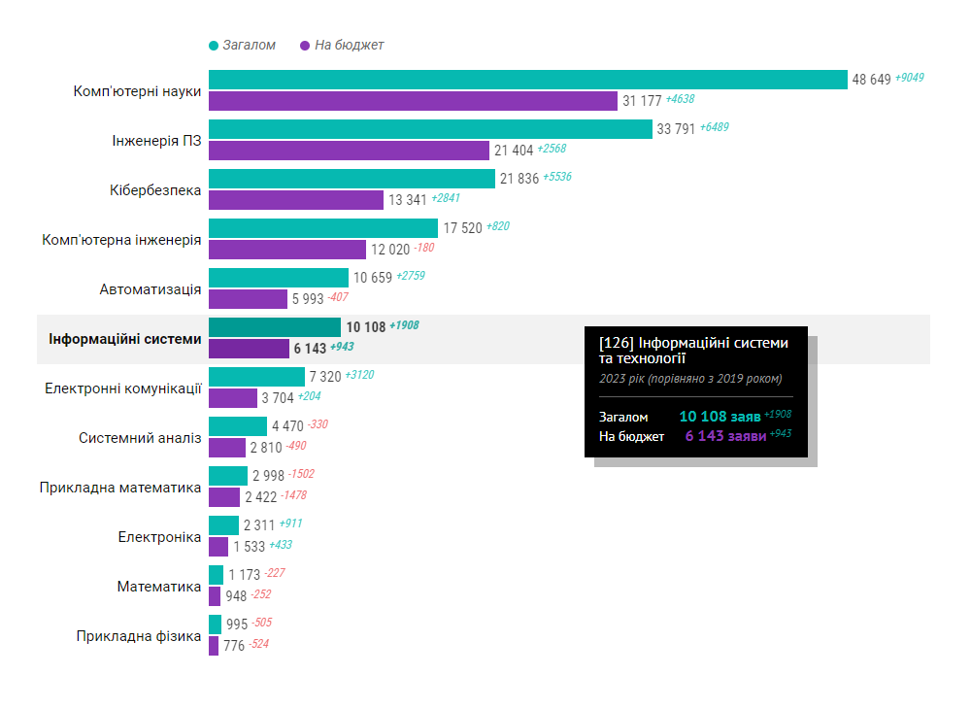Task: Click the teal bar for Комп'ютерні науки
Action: pos(528,80)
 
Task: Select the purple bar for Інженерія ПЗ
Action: pos(349,151)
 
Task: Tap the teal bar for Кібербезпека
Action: pos(352,179)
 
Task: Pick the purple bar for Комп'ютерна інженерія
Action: pos(287,250)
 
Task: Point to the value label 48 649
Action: pos(871,80)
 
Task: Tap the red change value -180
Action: pos(424,248)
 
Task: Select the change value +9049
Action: pos(909,78)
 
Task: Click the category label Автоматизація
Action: pos(151,289)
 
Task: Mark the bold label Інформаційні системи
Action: pos(125,339)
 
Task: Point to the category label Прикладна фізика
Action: pos(139,636)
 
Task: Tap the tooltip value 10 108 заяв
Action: pos(720,417)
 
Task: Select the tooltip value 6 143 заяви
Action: pos(725,436)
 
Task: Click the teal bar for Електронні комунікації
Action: pos(256,377)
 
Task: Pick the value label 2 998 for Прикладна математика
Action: pos(268,476)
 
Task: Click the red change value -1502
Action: pos(301,474)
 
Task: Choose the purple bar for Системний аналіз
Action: pos(227,448)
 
